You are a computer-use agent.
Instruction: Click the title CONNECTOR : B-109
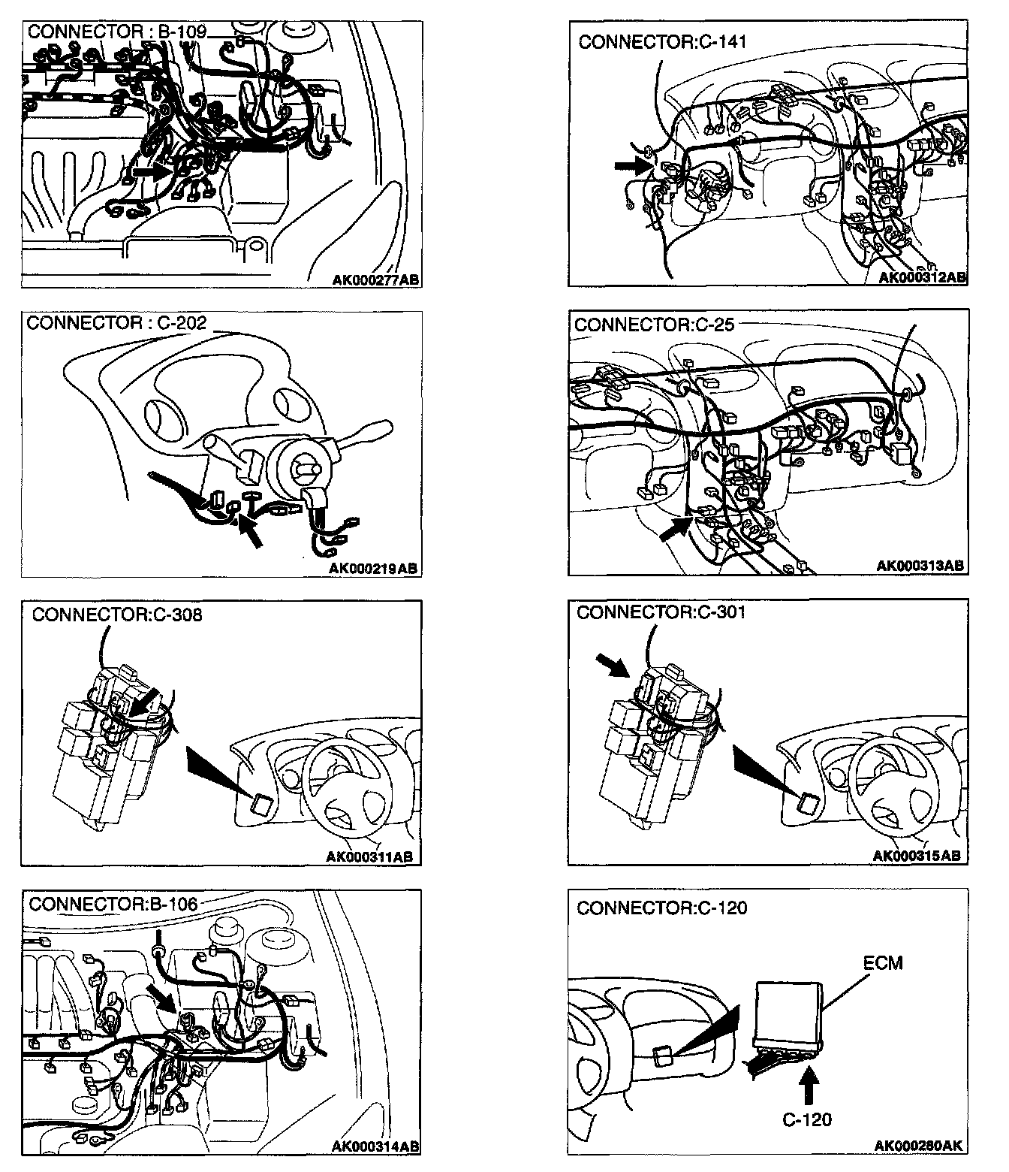pyautogui.click(x=116, y=33)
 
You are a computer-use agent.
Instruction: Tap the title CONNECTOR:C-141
pyautogui.click(x=662, y=42)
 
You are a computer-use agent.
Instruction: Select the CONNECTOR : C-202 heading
pyautogui.click(x=116, y=323)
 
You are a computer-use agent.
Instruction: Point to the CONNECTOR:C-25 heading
pyautogui.click(x=654, y=325)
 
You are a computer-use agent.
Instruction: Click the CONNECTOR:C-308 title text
pyautogui.click(x=117, y=615)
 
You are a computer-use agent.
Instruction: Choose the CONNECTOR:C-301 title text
pyautogui.click(x=661, y=612)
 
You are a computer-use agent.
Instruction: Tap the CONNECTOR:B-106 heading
pyautogui.click(x=113, y=904)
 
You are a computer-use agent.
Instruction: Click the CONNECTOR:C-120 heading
pyautogui.click(x=661, y=908)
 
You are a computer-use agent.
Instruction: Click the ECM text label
pyautogui.click(x=883, y=963)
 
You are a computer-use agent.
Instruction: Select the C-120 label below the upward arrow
pyautogui.click(x=807, y=1119)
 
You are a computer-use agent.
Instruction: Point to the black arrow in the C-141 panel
pyautogui.click(x=630, y=166)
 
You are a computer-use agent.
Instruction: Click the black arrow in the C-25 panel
pyautogui.click(x=673, y=528)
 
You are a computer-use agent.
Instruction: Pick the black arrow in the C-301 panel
pyautogui.click(x=611, y=665)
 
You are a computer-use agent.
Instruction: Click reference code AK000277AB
pyautogui.click(x=375, y=280)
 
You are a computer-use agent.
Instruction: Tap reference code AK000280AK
pyautogui.click(x=918, y=1146)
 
